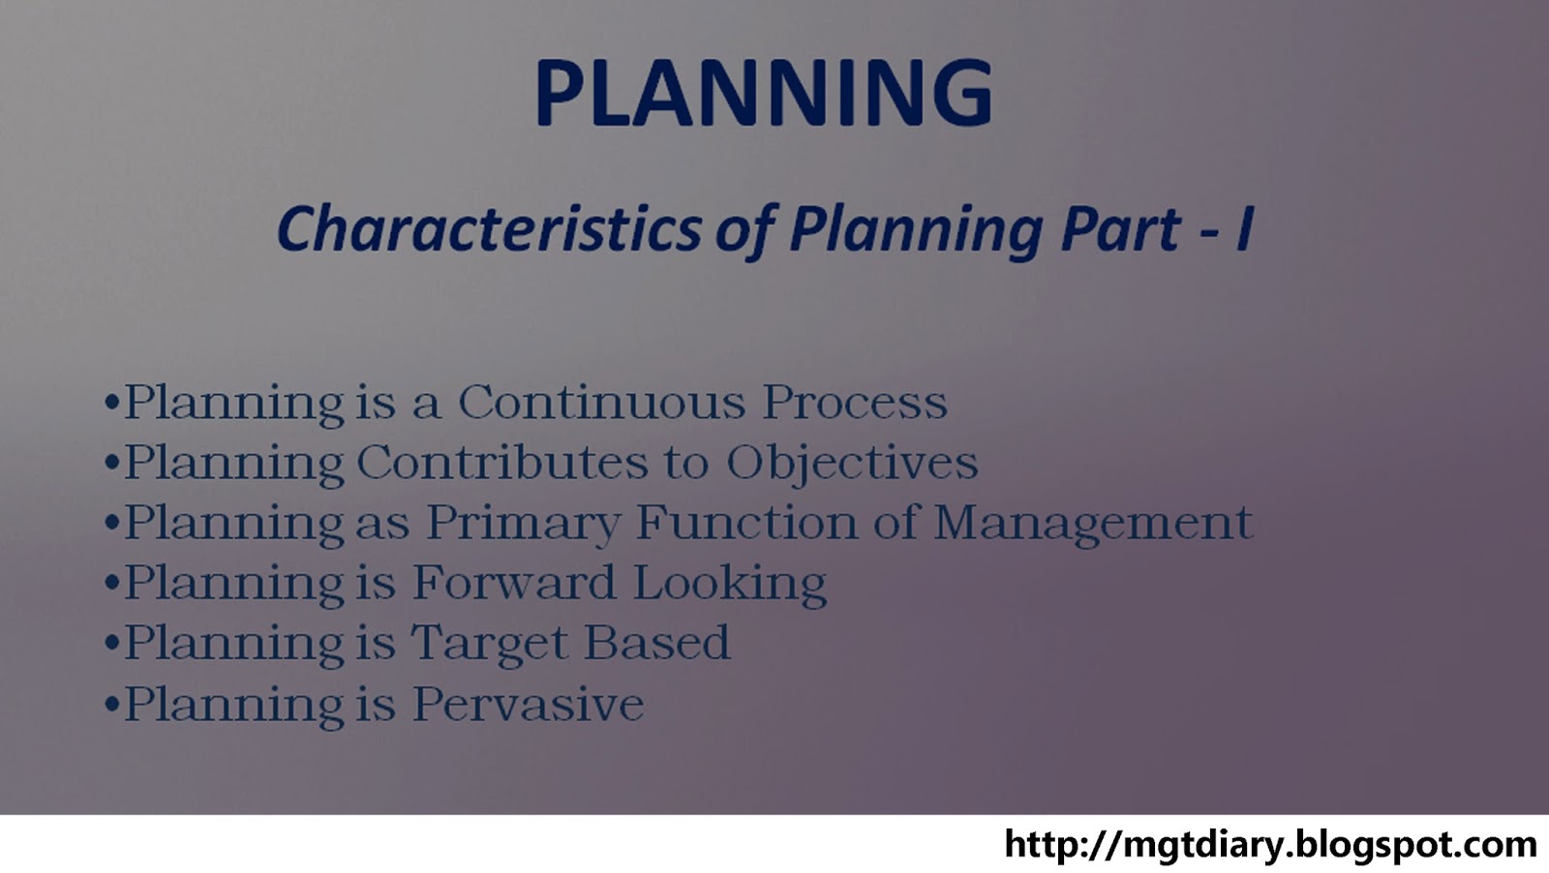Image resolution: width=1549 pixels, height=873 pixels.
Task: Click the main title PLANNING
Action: (x=764, y=93)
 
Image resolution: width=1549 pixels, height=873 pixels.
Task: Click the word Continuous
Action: (x=602, y=402)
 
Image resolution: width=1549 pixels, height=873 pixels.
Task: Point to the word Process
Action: (x=855, y=402)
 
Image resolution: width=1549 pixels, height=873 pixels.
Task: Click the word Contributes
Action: (x=502, y=461)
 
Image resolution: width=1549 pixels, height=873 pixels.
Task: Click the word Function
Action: (x=746, y=521)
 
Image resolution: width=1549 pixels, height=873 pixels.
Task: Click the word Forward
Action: (x=514, y=582)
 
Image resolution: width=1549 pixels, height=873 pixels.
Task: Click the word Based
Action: (x=657, y=642)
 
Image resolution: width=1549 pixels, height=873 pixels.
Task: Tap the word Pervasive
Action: (x=529, y=703)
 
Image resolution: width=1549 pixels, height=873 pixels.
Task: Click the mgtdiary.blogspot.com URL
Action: (x=1270, y=845)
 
